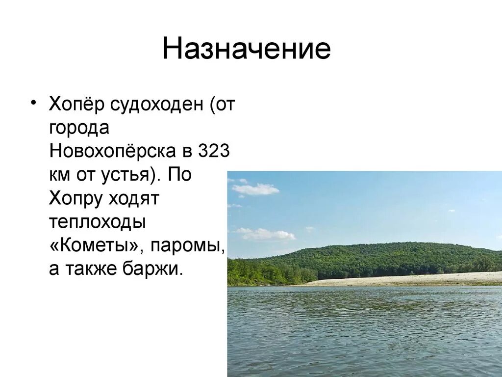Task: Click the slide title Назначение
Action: pyautogui.click(x=247, y=50)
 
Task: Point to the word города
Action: pyautogui.click(x=79, y=129)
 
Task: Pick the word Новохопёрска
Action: pyautogui.click(x=115, y=151)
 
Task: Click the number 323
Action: pyautogui.click(x=214, y=151)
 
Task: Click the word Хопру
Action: pyautogui.click(x=76, y=199)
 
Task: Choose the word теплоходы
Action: pyautogui.click(x=98, y=222)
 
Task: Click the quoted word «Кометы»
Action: pyautogui.click(x=94, y=245)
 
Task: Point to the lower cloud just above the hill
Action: pyautogui.click(x=267, y=234)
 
